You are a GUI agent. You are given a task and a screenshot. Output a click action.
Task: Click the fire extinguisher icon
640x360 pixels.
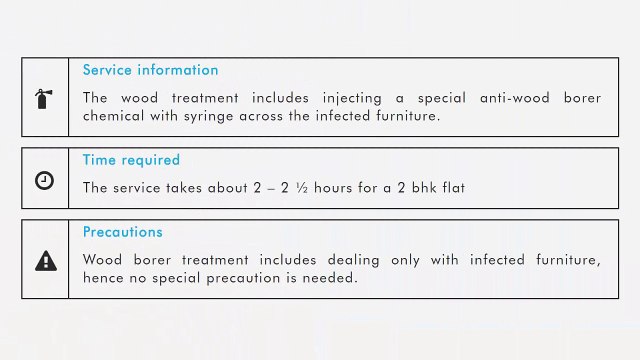45,98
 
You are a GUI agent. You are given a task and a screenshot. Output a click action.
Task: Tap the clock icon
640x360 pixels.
45,180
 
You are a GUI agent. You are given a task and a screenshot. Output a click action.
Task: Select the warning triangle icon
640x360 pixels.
45,262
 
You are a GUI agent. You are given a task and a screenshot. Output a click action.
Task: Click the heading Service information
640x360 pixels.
150,70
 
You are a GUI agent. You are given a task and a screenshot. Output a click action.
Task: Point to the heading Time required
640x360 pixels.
131,160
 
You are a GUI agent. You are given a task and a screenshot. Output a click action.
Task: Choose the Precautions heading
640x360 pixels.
122,232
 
